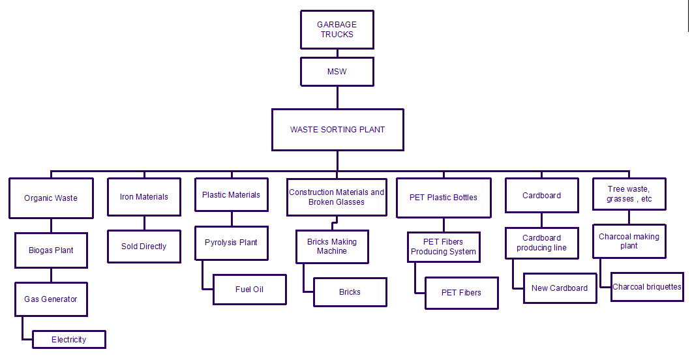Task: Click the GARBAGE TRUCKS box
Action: (337, 29)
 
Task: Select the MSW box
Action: (337, 72)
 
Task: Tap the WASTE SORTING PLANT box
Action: (337, 130)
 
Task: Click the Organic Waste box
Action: (50, 198)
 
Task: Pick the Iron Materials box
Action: (144, 197)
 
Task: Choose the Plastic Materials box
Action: (231, 195)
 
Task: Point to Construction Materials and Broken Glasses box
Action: (337, 198)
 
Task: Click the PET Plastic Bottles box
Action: (444, 198)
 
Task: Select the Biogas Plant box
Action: (51, 250)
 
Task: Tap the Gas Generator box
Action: (51, 299)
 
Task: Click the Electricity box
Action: (69, 340)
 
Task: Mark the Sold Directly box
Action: (144, 247)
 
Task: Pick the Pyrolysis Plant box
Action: (231, 243)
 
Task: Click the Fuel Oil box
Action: (250, 290)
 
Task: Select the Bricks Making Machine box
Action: (332, 247)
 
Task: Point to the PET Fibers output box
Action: (462, 293)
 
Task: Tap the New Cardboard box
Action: (560, 288)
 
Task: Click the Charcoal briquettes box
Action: (647, 287)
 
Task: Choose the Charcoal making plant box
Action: (629, 241)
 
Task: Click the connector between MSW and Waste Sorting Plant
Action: (337, 97)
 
